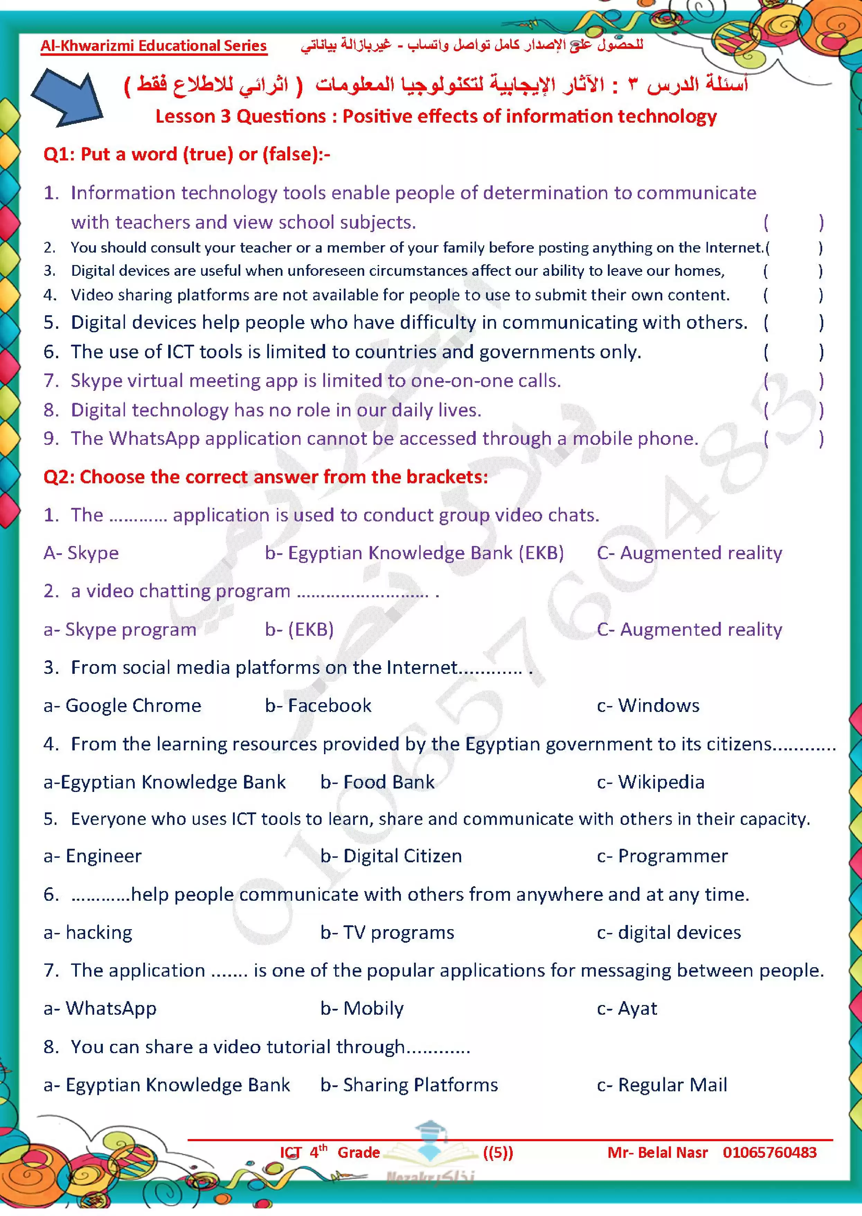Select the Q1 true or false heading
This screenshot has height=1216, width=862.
187,154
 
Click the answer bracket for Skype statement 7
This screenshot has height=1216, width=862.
793,381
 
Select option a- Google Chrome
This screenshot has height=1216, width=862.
123,705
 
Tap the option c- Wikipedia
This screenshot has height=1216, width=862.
651,782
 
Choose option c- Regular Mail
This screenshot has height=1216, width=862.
662,1085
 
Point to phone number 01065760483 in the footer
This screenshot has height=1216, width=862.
770,1152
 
